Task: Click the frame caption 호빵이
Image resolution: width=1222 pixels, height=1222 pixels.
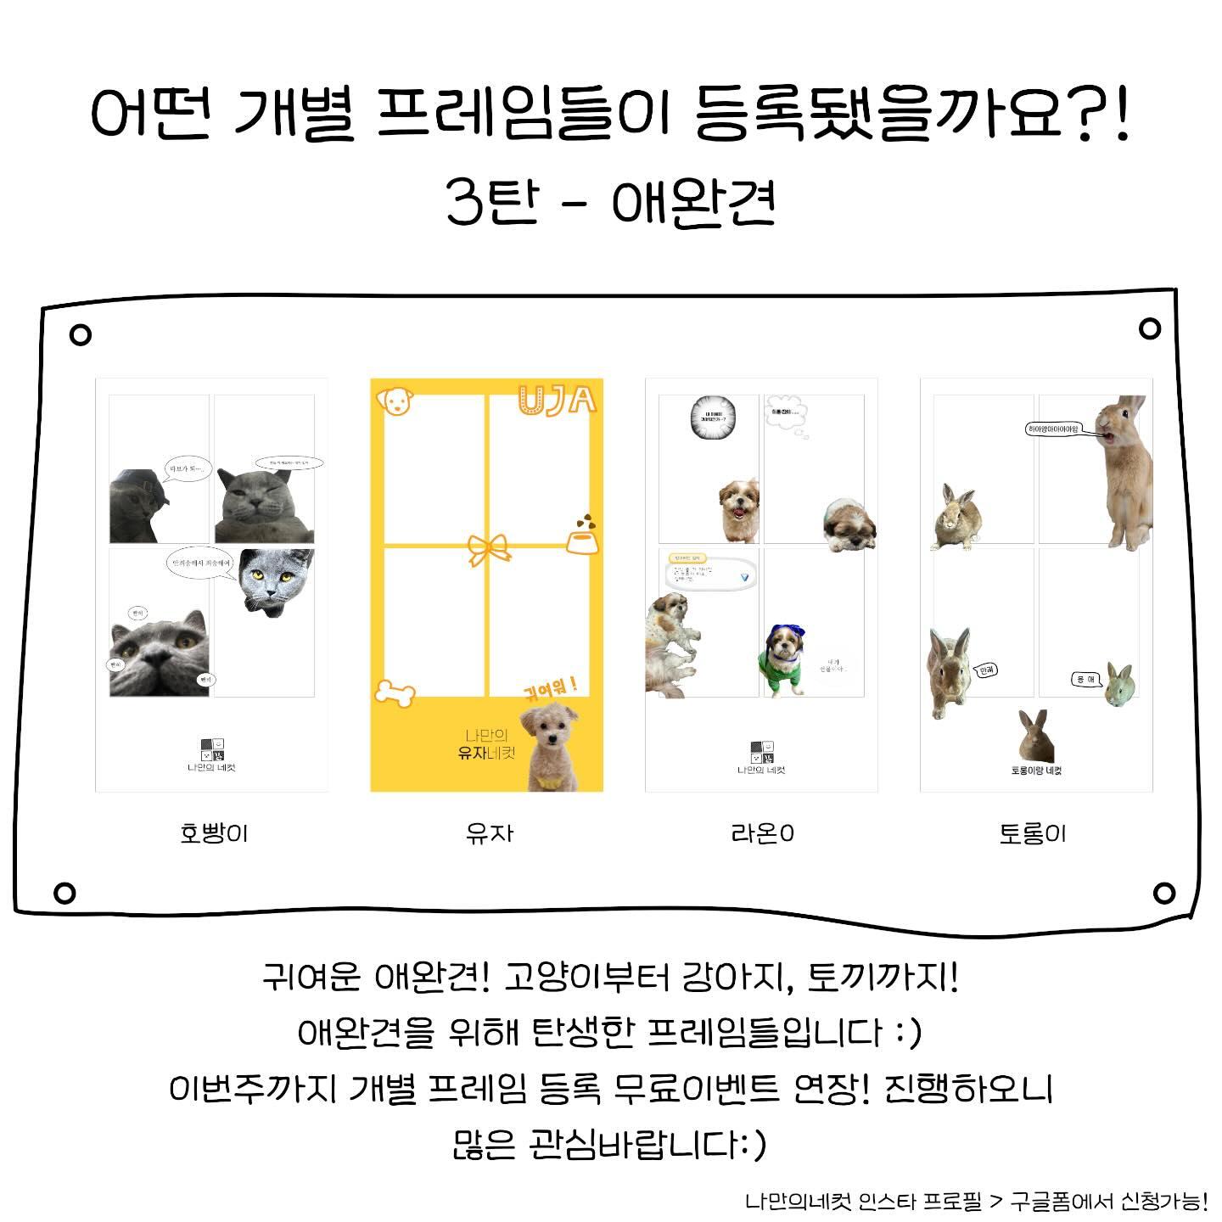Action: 214,833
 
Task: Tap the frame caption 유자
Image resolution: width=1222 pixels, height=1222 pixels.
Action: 490,833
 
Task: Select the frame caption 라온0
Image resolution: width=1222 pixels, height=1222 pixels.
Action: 762,833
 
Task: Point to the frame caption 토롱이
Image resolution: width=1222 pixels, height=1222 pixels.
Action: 1033,833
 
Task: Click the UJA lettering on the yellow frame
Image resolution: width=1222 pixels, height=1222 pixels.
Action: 558,399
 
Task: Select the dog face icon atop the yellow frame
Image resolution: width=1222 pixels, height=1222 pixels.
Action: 394,401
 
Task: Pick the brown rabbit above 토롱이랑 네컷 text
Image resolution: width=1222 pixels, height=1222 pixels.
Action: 1035,736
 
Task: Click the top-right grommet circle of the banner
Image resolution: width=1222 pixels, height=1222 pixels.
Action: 1150,328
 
